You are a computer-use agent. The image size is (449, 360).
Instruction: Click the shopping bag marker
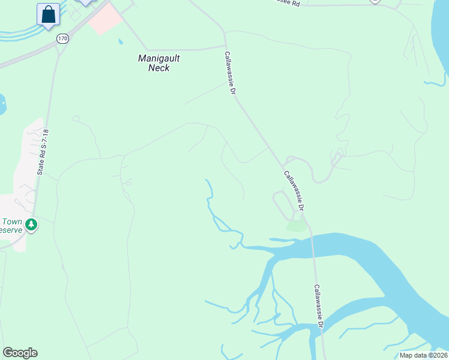point(48,15)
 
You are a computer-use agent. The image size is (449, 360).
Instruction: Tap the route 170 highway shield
point(62,38)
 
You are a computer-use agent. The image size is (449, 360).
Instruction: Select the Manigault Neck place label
point(158,63)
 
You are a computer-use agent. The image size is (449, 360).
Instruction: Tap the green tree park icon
point(31,226)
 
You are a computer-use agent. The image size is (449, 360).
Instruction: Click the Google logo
point(20,353)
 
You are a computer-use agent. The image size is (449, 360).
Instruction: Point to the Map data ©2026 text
point(423,355)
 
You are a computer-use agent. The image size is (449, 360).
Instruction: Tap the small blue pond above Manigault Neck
point(120,42)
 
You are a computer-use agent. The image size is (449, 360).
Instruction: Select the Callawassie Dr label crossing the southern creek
point(319,306)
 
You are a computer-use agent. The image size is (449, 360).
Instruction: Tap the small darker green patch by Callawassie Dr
point(296,226)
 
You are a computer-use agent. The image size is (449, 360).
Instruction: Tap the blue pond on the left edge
point(2,104)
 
